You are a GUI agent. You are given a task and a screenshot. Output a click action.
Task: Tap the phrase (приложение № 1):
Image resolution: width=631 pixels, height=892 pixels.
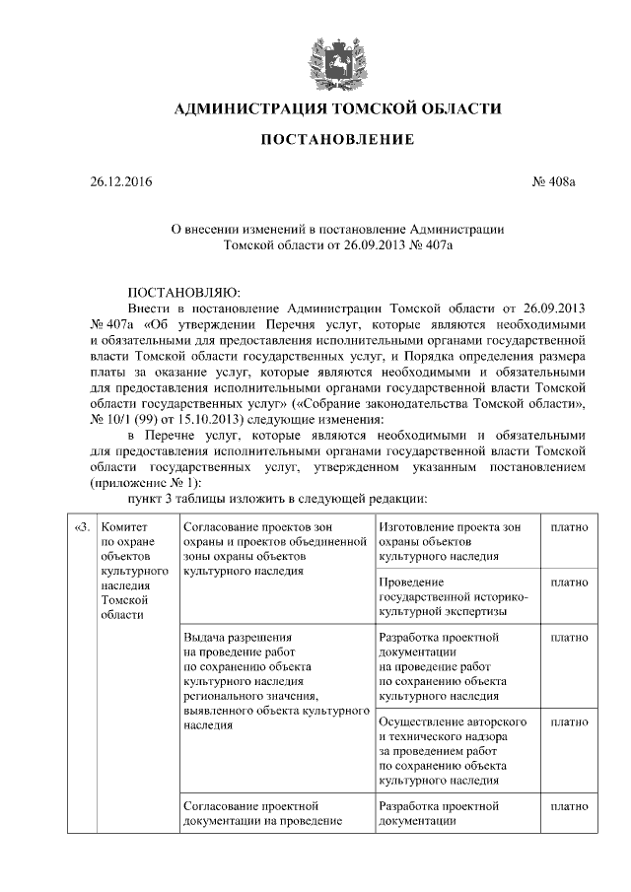click(146, 482)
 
